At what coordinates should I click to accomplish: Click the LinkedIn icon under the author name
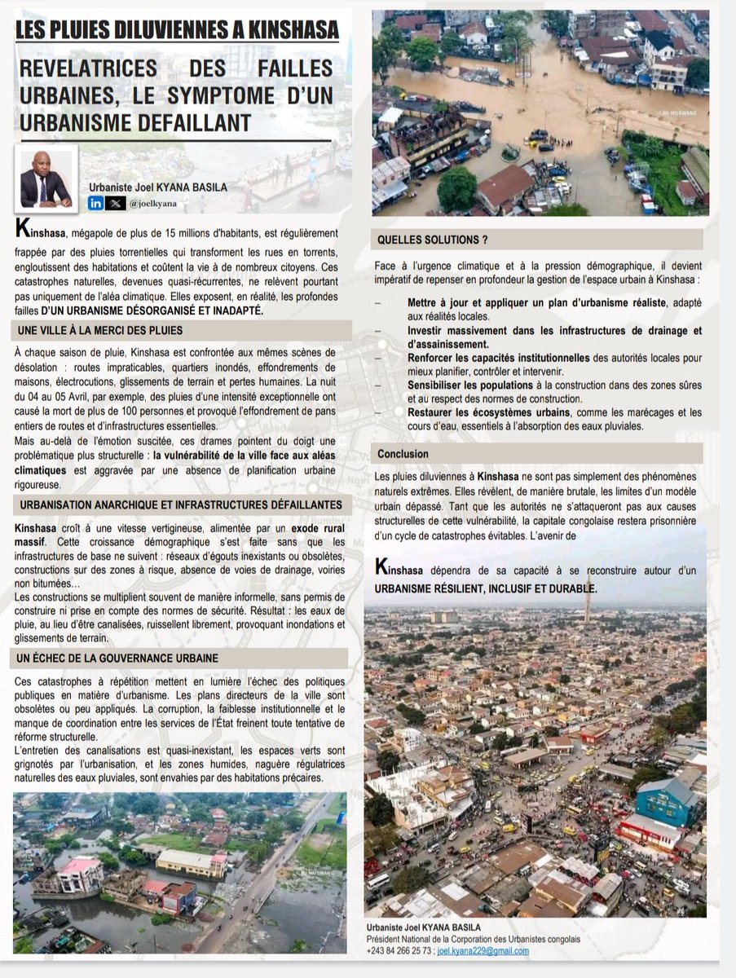[x=95, y=204]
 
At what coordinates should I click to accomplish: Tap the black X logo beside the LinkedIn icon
[x=117, y=204]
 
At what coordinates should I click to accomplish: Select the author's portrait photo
[x=46, y=178]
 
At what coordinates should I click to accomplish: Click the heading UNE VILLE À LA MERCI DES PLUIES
[x=99, y=330]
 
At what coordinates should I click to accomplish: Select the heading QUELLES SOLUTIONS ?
[x=432, y=240]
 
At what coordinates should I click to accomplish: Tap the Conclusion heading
[x=403, y=454]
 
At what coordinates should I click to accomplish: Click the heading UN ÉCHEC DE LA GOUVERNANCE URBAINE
[x=116, y=657]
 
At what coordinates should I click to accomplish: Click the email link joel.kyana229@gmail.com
[x=483, y=951]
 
